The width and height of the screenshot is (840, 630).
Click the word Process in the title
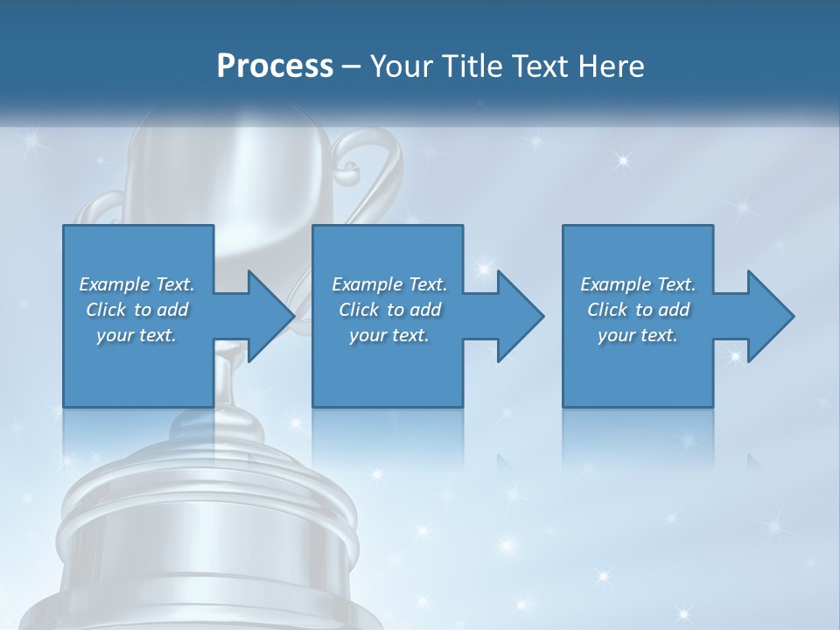click(275, 66)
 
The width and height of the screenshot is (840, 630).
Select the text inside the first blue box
click(136, 310)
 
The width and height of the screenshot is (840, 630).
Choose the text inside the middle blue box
click(389, 310)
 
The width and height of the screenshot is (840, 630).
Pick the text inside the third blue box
click(638, 310)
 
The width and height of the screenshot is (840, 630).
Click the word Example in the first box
click(112, 284)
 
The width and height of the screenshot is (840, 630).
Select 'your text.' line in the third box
click(638, 335)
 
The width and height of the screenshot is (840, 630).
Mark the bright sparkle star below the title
click(622, 160)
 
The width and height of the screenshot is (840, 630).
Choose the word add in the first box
click(173, 310)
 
